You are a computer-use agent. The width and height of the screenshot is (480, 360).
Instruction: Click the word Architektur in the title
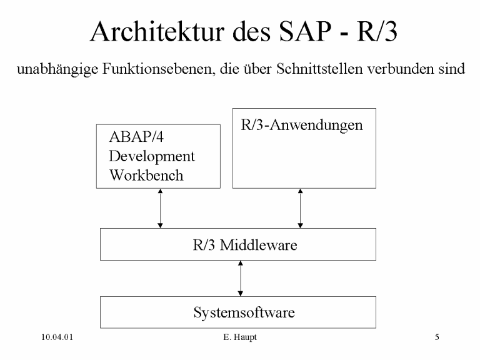(x=157, y=31)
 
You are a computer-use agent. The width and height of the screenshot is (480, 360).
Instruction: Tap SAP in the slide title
(x=305, y=31)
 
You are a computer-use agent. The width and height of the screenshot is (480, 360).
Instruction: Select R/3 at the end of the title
(x=377, y=31)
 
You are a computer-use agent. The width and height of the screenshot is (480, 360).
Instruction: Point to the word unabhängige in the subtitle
(x=57, y=69)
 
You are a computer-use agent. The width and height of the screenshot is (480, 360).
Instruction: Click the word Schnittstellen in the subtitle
(x=319, y=69)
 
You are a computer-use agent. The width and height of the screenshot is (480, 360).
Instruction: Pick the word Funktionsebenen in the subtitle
(x=157, y=69)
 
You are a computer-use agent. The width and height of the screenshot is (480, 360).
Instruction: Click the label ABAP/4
(x=136, y=137)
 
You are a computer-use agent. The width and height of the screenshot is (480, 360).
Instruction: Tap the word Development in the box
(x=152, y=157)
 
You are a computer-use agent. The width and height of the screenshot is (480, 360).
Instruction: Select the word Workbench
(x=146, y=176)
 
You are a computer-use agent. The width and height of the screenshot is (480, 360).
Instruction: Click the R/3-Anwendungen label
(x=302, y=125)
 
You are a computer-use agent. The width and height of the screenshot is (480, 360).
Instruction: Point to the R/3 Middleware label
(x=245, y=245)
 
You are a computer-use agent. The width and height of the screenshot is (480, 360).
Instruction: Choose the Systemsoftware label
(x=244, y=312)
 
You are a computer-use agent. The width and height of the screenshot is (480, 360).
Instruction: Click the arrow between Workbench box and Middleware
(x=160, y=209)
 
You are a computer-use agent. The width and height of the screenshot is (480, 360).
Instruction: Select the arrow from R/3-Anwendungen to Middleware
(x=300, y=209)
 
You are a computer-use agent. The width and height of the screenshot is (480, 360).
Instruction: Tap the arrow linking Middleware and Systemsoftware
(x=240, y=279)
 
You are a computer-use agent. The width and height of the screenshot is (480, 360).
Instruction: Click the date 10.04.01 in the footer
(x=57, y=337)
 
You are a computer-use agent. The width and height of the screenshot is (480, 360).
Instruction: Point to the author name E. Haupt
(x=240, y=337)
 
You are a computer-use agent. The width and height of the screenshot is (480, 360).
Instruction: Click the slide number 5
(x=437, y=337)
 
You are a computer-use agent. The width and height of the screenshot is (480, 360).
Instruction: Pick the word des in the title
(x=252, y=31)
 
